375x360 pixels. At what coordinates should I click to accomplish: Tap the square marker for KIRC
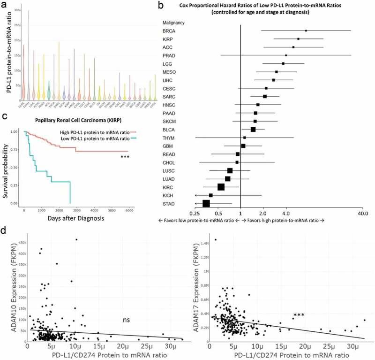point(221,187)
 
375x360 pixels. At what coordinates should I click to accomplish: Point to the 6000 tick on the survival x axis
point(128,210)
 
